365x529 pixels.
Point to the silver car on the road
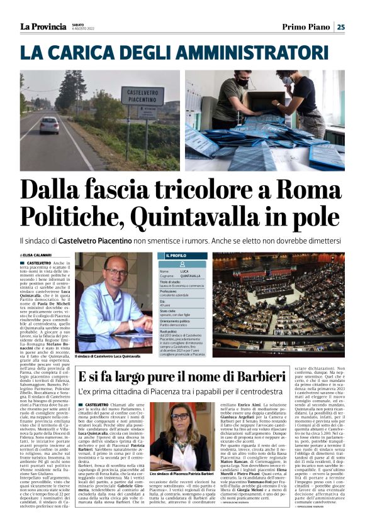(49, 124)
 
